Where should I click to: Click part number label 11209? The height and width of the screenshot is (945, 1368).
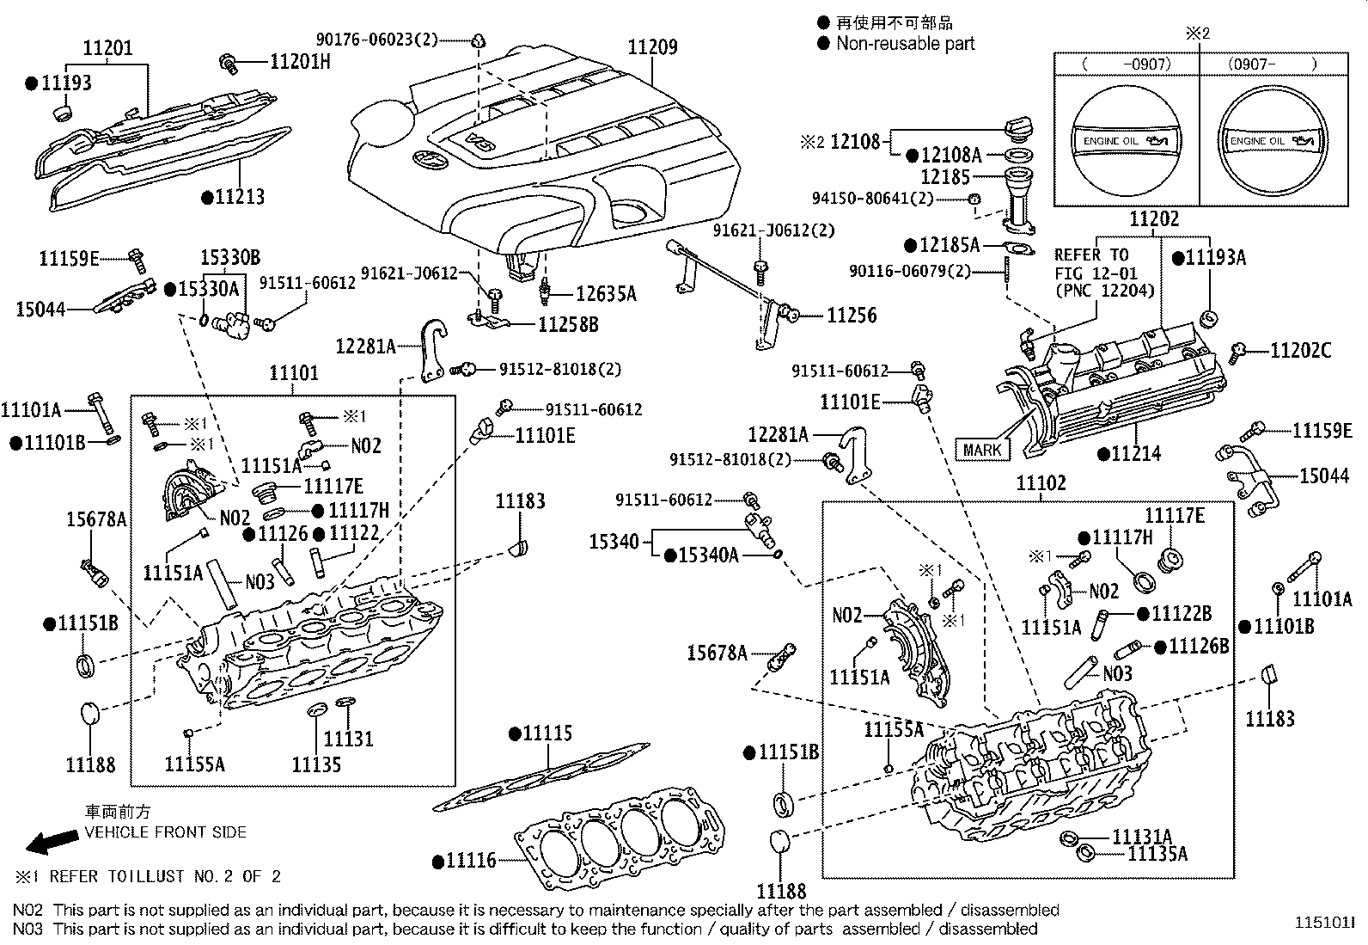[x=652, y=47]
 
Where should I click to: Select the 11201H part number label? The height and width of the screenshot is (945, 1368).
[x=300, y=61]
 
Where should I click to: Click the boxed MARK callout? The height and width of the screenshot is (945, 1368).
[x=981, y=449]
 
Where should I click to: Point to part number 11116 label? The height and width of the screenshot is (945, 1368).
[x=471, y=860]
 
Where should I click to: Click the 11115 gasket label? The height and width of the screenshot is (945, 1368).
[x=547, y=733]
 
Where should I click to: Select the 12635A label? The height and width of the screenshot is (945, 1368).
[x=606, y=294]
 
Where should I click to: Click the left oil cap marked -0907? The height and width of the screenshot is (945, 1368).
[x=1126, y=141]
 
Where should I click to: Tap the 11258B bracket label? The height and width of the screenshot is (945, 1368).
[x=568, y=324]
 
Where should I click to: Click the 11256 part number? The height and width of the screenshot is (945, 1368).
[x=852, y=316]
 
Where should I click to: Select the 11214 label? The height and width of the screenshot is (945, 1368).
[x=1135, y=453]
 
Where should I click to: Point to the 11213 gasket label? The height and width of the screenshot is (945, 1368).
[x=239, y=197]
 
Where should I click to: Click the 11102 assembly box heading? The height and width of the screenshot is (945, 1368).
[x=1041, y=483]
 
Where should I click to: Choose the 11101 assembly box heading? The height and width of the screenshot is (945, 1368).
[x=294, y=373]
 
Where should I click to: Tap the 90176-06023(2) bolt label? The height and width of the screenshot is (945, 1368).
[x=376, y=39]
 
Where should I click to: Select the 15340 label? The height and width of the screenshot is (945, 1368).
[x=614, y=542]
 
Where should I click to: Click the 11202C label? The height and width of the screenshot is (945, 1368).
[x=1300, y=350]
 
